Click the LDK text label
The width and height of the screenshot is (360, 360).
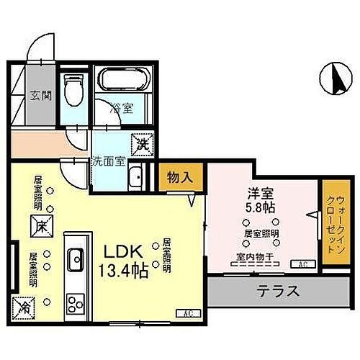click(x=123, y=253)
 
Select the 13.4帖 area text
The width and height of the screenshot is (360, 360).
click(x=124, y=273)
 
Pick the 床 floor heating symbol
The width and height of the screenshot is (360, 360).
click(x=39, y=225)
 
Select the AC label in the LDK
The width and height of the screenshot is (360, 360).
click(x=188, y=313)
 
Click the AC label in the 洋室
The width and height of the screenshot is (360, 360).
click(x=302, y=264)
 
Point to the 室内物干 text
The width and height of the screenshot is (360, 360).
click(x=251, y=256)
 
